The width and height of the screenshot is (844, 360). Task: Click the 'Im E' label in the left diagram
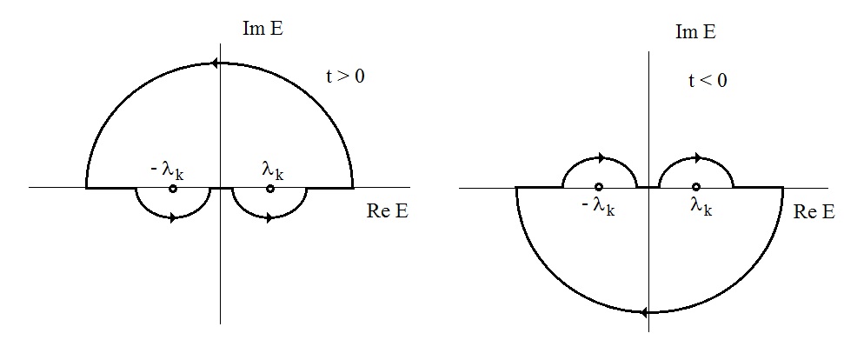(x=263, y=28)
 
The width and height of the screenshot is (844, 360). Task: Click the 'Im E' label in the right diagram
(x=695, y=33)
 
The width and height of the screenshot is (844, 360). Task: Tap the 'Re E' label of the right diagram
(x=815, y=212)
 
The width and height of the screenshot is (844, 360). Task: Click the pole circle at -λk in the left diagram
(x=173, y=188)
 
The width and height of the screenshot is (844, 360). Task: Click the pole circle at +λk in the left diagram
(x=270, y=188)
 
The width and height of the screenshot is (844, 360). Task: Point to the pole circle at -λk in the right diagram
(x=599, y=187)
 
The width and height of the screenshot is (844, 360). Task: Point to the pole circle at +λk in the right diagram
(x=695, y=187)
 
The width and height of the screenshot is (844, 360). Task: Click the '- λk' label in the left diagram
(x=167, y=170)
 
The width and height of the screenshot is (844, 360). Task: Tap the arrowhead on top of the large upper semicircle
(x=214, y=63)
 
